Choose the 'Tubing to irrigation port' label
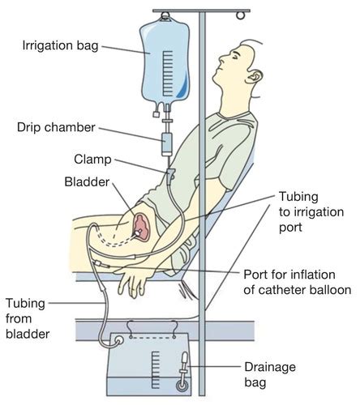point(301,211)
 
